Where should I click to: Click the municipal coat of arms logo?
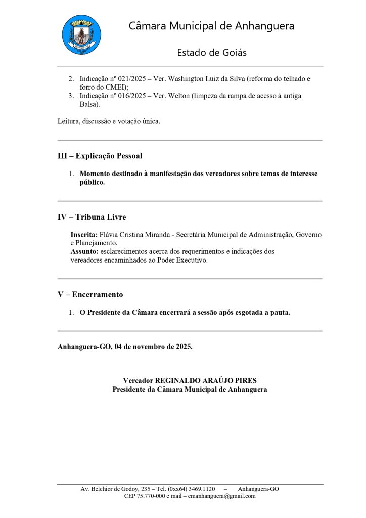(81, 35)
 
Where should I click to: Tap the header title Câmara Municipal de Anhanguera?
(211, 26)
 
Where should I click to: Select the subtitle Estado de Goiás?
(211, 53)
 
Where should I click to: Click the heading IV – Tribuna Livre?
(91, 217)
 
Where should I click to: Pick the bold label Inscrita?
(84, 235)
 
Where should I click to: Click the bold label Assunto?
(84, 251)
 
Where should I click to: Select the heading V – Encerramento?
(90, 294)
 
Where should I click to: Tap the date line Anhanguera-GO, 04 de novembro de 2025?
(125, 347)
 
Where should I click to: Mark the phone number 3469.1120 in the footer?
(201, 489)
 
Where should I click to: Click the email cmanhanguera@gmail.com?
(222, 496)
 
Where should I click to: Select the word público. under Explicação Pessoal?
(92, 183)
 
